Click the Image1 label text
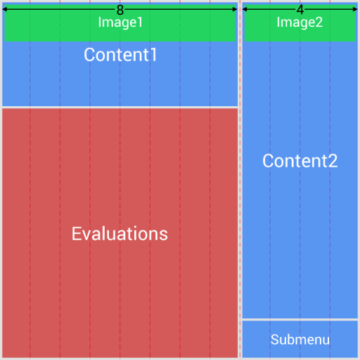[120, 22]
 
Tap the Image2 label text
[300, 22]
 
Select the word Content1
[120, 55]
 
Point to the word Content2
[300, 161]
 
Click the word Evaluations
[120, 233]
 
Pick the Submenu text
[300, 340]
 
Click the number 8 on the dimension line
[120, 10]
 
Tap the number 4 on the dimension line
[300, 10]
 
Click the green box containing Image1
[42, 32]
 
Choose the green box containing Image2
[260, 32]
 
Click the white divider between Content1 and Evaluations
[120, 107]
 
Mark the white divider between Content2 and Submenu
[300, 319]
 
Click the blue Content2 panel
[300, 232]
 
